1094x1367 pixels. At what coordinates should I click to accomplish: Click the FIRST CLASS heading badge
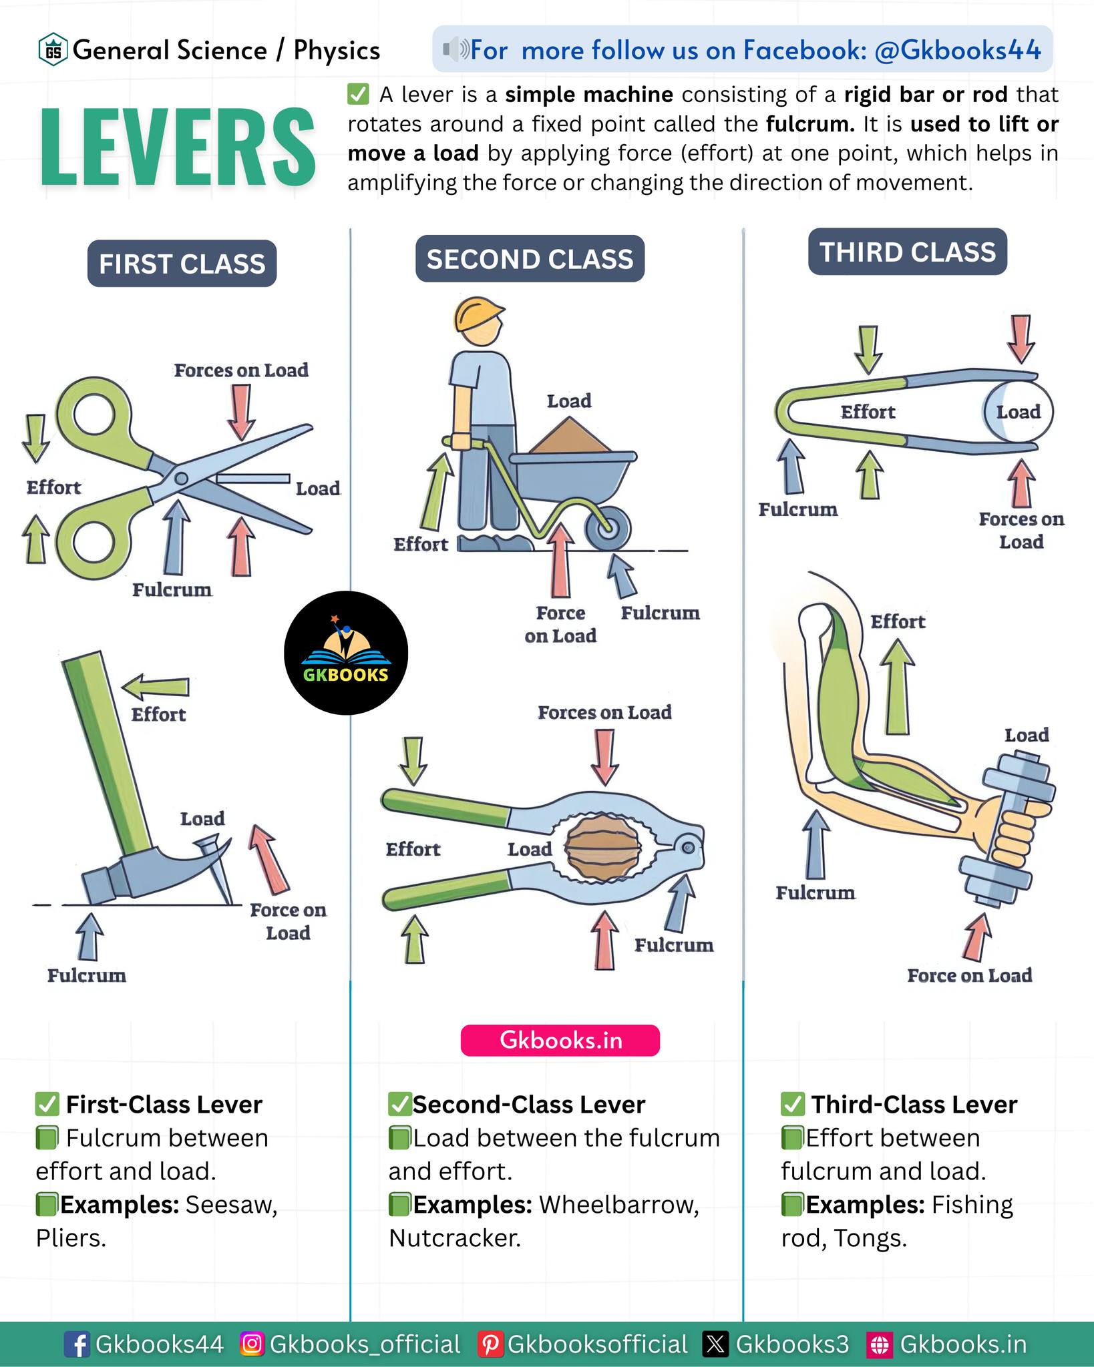[x=182, y=264]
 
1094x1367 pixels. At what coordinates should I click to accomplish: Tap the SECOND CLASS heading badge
[x=530, y=259]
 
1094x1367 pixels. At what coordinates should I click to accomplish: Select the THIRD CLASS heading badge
[x=908, y=252]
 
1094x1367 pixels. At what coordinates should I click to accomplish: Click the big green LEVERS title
[x=178, y=147]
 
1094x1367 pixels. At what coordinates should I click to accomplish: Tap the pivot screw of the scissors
[x=181, y=479]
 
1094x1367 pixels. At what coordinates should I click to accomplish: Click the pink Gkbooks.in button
[x=560, y=1040]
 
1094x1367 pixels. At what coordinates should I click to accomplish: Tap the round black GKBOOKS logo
[x=346, y=653]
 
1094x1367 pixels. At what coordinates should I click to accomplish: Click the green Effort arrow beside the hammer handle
[x=156, y=687]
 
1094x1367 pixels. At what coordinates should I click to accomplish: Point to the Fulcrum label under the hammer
[x=87, y=975]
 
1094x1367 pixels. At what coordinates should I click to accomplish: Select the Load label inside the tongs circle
[x=1019, y=412]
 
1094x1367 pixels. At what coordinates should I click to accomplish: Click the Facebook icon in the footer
[x=77, y=1344]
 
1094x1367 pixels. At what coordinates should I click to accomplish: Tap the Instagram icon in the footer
[x=252, y=1344]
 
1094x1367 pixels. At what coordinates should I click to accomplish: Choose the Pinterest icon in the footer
[x=490, y=1344]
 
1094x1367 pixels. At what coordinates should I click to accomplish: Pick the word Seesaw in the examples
[x=231, y=1205]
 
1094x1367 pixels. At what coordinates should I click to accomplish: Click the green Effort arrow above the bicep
[x=897, y=687]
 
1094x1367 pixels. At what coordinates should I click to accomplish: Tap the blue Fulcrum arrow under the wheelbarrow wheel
[x=622, y=577]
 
